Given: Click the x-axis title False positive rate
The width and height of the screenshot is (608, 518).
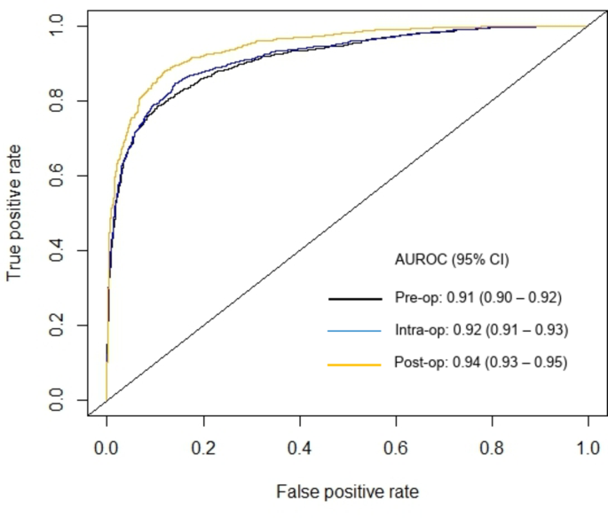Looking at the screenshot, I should click(x=346, y=491).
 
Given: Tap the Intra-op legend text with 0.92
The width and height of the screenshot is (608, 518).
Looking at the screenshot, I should click(x=479, y=330).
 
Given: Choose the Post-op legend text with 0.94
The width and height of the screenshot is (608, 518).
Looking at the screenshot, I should click(x=479, y=363).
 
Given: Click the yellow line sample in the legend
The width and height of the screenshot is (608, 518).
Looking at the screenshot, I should click(x=356, y=364).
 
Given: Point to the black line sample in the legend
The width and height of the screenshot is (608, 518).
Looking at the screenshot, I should click(x=356, y=298).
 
